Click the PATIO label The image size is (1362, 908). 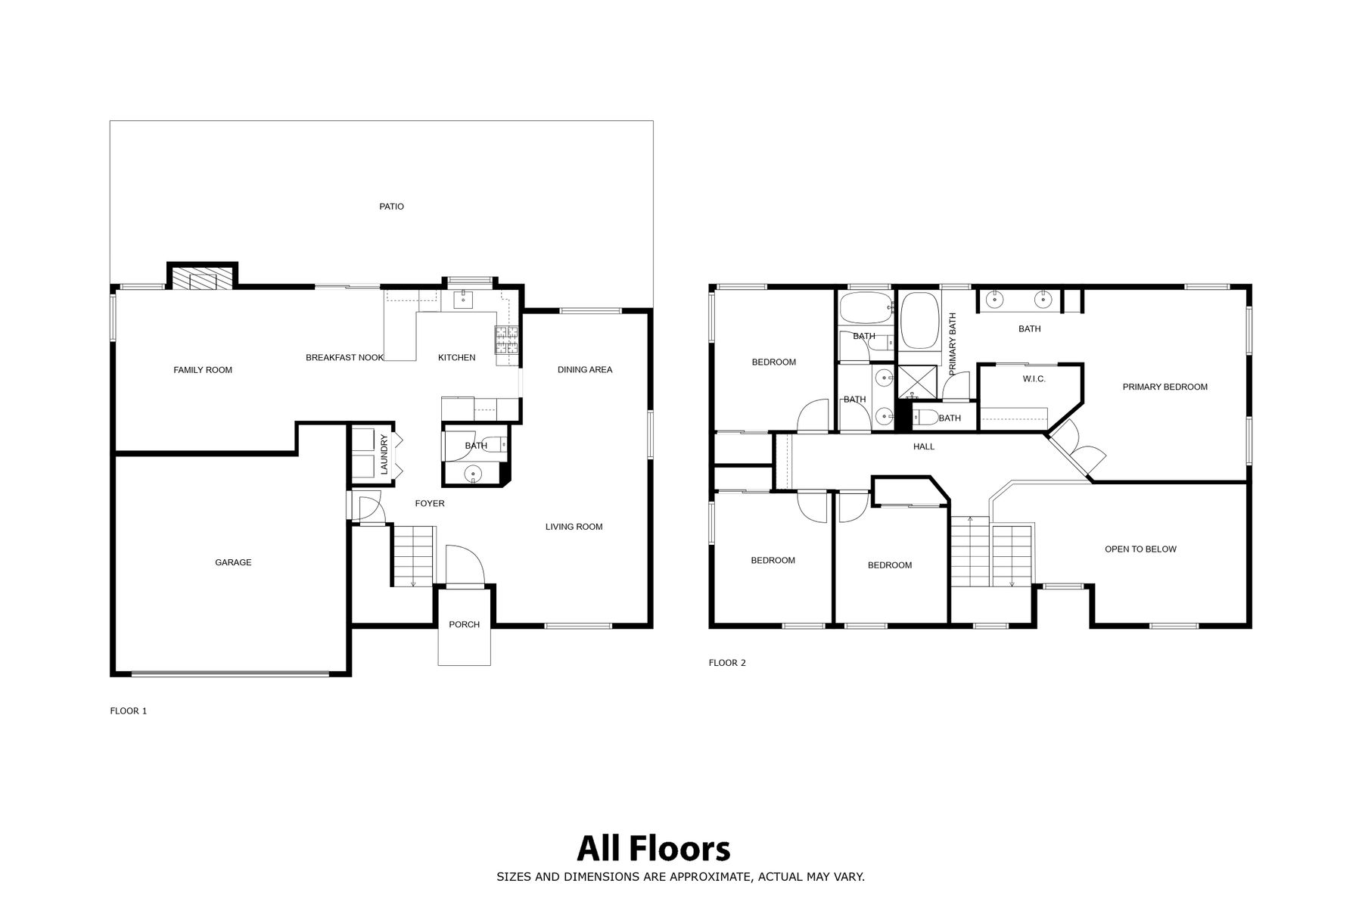(391, 207)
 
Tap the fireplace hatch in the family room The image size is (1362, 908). (202, 278)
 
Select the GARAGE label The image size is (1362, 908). (233, 562)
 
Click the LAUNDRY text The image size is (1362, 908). (384, 454)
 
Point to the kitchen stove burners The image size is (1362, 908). (507, 340)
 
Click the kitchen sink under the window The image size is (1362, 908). (463, 300)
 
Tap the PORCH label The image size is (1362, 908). (465, 624)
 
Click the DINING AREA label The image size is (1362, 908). (585, 369)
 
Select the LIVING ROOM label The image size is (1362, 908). (574, 527)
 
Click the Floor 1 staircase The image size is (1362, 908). (413, 556)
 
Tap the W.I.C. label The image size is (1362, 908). (1034, 378)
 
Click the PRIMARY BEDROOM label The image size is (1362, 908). (1165, 387)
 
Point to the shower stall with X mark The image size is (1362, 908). (917, 382)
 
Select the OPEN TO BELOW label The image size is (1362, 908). (1140, 549)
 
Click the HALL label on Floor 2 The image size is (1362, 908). (924, 446)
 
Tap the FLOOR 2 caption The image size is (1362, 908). (727, 663)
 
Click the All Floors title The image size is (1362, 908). (654, 849)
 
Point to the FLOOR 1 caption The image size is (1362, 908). (129, 711)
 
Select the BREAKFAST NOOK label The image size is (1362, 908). (344, 358)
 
